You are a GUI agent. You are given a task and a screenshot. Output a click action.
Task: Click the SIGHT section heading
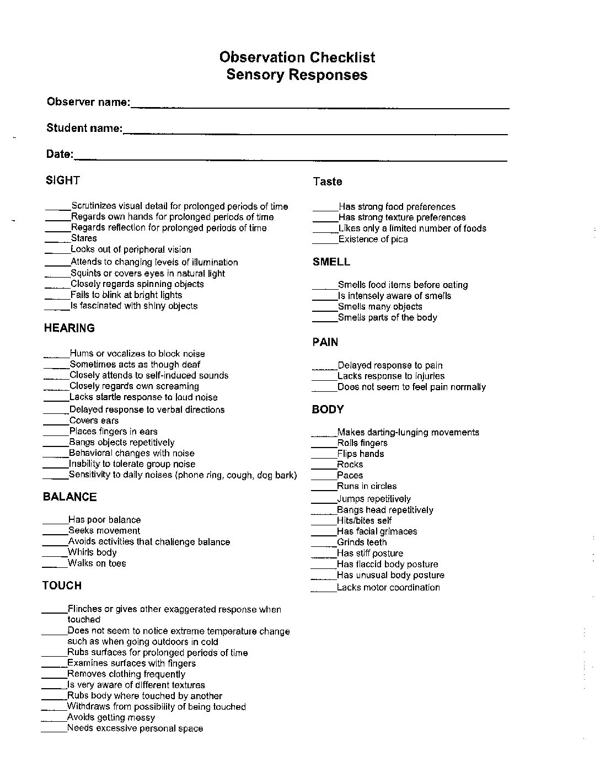pyautogui.click(x=63, y=180)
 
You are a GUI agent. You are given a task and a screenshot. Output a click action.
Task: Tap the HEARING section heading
pyautogui.click(x=69, y=328)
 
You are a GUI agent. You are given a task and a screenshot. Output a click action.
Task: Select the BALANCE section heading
pyautogui.click(x=69, y=497)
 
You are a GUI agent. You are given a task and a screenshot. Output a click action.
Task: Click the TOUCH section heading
pyautogui.click(x=62, y=586)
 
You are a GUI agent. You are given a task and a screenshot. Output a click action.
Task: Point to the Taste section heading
pyautogui.click(x=328, y=182)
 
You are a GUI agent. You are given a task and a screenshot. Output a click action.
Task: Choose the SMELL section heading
pyautogui.click(x=331, y=262)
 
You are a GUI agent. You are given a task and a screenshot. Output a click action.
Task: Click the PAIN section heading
pyautogui.click(x=325, y=342)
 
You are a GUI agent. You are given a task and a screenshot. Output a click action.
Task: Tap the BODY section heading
pyautogui.click(x=328, y=409)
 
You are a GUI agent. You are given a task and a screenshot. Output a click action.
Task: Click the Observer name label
pyautogui.click(x=88, y=102)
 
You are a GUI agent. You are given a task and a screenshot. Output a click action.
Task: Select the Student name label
pyautogui.click(x=84, y=128)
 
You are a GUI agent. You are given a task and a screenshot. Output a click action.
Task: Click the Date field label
pyautogui.click(x=60, y=154)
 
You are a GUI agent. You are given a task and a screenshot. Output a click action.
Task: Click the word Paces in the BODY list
pyautogui.click(x=350, y=475)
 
